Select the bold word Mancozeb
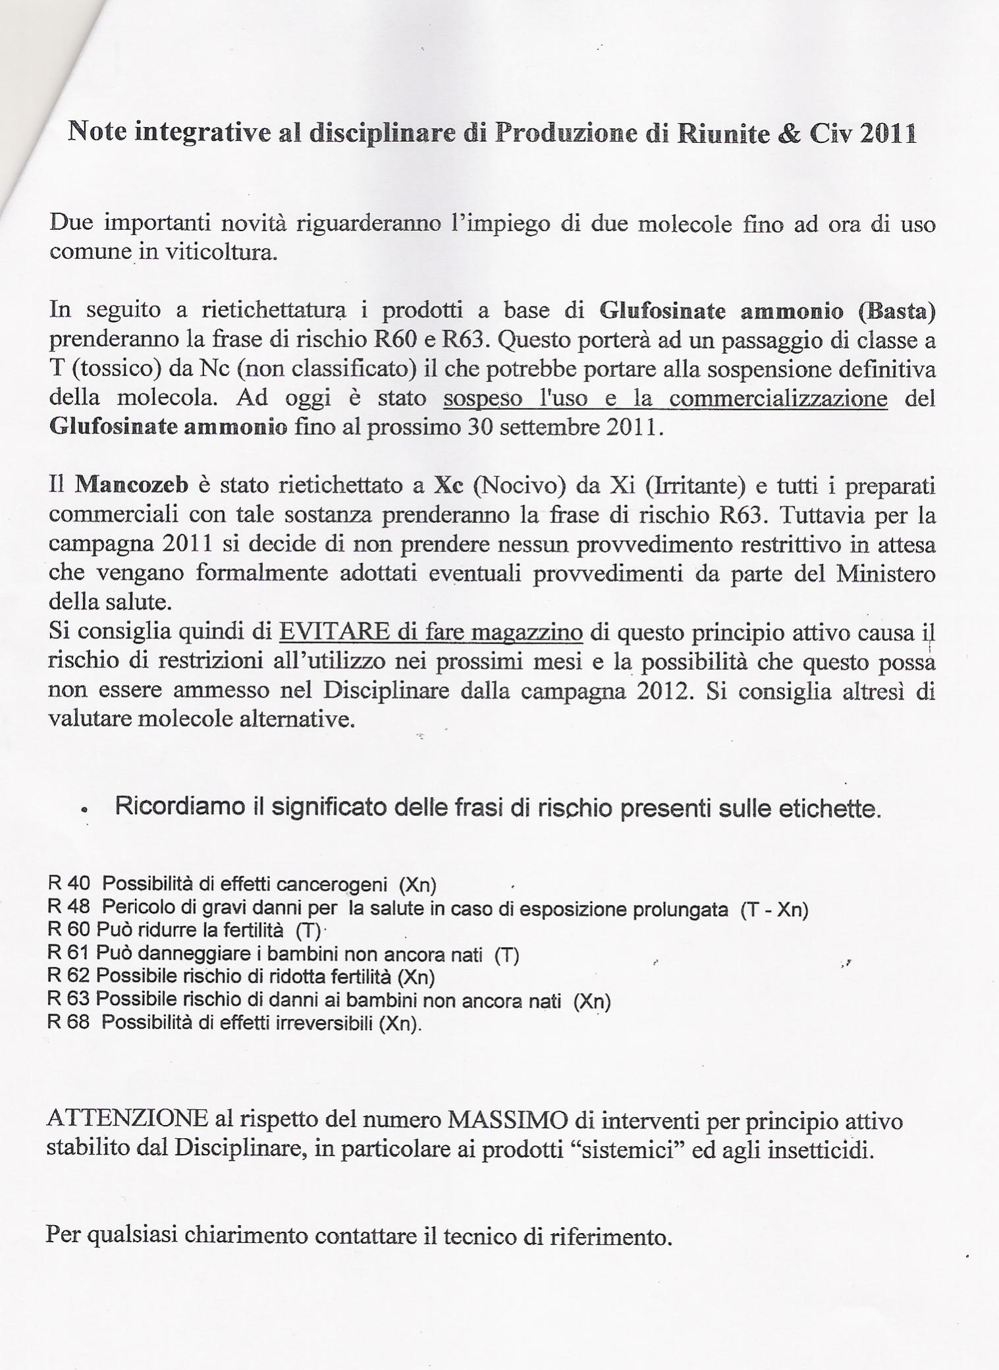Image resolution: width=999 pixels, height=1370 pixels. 132,485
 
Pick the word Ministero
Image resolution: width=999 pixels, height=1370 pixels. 885,573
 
